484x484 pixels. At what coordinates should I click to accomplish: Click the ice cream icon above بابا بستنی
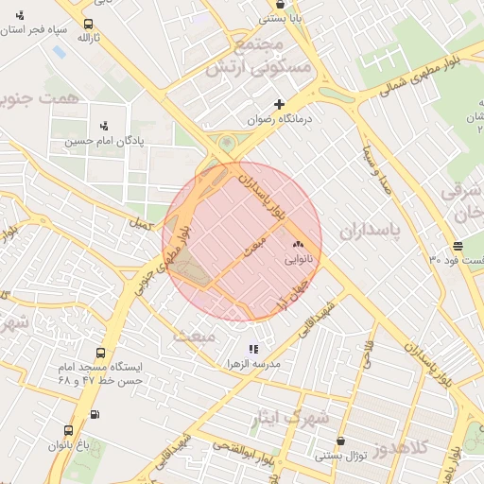[x=279, y=4]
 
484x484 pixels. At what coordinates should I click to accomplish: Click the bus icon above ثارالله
[x=88, y=25]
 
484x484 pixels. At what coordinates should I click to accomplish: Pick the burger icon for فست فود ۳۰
[x=458, y=246]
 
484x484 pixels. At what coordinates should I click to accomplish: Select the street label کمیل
[x=142, y=225]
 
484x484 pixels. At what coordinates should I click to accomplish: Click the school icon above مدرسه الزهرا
[x=252, y=350]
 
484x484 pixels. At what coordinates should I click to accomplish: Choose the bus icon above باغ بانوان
[x=94, y=415]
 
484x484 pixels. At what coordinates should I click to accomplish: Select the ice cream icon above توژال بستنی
[x=340, y=441]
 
